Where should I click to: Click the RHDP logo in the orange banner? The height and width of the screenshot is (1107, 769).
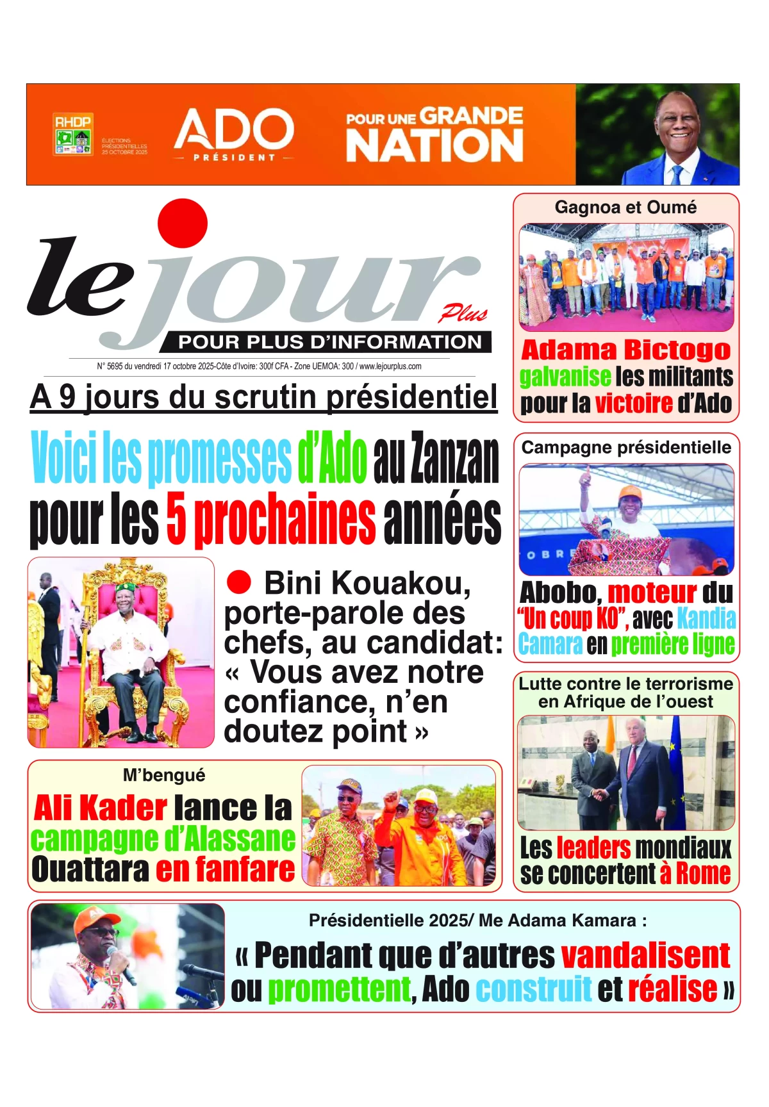coord(72,135)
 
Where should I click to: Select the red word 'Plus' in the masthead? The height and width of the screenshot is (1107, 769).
coord(463,313)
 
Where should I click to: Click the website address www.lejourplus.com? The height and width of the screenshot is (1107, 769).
coord(390,366)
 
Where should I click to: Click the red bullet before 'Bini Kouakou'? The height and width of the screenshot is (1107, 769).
coord(238,582)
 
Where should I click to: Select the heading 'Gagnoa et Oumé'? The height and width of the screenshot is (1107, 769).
coord(625,208)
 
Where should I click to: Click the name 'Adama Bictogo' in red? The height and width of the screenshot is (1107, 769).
coord(625,350)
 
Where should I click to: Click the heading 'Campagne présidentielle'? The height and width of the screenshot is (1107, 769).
coord(626,447)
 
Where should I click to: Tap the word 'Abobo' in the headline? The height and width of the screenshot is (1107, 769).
coord(558,593)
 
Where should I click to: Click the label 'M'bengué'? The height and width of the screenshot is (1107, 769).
coord(164,775)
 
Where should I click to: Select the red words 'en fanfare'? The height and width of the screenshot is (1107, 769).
coord(226,869)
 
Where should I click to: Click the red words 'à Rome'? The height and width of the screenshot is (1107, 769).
coord(695,873)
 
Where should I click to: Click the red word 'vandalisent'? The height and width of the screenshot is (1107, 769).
coord(646,955)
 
